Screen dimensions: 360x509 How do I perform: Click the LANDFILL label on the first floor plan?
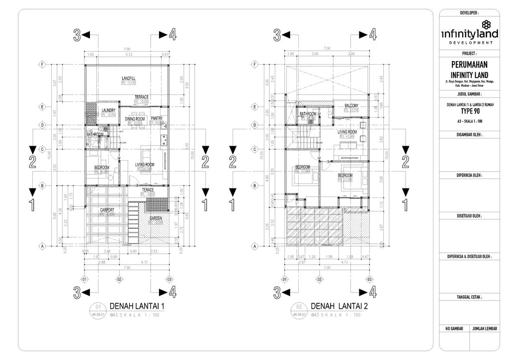(x=128, y=79)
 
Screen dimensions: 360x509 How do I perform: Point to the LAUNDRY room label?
(x=108, y=110)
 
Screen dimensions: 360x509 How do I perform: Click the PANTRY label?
(x=157, y=118)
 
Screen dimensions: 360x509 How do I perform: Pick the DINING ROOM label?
(x=135, y=119)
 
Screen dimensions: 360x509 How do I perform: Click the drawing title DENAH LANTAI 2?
(x=339, y=306)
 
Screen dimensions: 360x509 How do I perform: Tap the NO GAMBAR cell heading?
(x=455, y=329)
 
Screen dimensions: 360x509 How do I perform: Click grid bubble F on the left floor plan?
(x=43, y=65)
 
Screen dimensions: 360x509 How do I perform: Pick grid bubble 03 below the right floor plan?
(x=369, y=279)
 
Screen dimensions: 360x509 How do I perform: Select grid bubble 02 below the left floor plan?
(x=119, y=279)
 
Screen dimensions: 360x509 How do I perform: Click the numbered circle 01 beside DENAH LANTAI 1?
(x=98, y=306)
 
